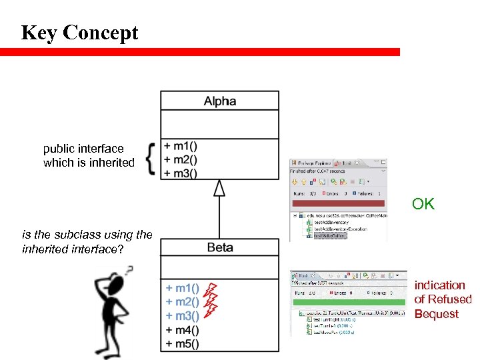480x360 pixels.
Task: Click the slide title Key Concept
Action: (x=79, y=33)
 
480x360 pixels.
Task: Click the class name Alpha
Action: (x=219, y=101)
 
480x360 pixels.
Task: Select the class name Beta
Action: (x=219, y=247)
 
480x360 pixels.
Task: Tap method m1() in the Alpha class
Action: (x=184, y=147)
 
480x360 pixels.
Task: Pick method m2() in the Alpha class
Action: (x=184, y=159)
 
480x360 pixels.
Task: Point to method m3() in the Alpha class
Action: (x=184, y=173)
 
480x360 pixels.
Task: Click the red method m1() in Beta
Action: (x=182, y=288)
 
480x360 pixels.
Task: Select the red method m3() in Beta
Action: (x=182, y=316)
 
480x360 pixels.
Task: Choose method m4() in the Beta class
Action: (x=182, y=330)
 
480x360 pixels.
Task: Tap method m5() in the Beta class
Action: (x=182, y=344)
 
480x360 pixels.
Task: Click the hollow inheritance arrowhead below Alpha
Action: (x=219, y=188)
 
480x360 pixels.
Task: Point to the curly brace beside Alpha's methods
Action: (x=151, y=159)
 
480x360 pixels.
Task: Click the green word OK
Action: (x=423, y=204)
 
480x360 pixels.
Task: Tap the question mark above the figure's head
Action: (x=129, y=270)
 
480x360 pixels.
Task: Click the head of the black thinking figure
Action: (x=115, y=281)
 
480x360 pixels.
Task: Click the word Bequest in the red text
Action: (x=436, y=314)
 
